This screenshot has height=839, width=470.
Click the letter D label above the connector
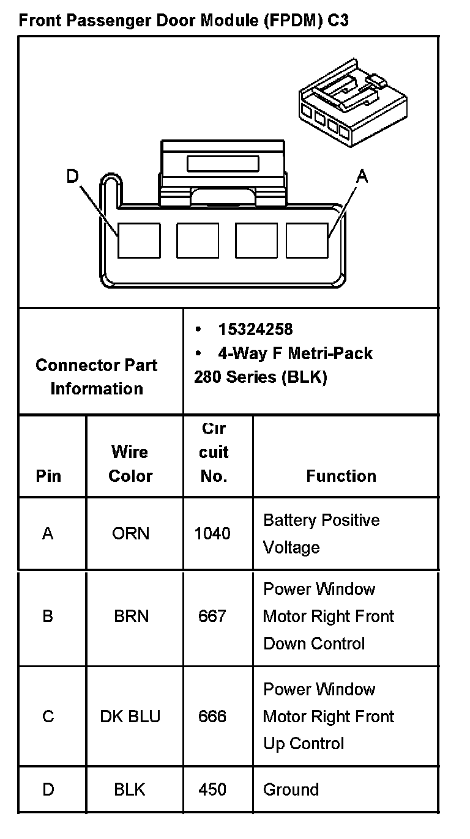point(73,177)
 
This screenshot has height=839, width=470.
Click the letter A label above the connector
point(362,177)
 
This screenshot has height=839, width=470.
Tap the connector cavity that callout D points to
point(139,240)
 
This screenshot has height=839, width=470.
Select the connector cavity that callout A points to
point(307,240)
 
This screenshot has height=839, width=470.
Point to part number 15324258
point(255,330)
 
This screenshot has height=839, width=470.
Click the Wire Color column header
point(130,464)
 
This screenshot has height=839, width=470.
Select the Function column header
point(341,476)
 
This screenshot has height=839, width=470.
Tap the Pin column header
point(48,476)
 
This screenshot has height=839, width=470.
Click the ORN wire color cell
point(130,534)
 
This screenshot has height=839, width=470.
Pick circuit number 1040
point(212,534)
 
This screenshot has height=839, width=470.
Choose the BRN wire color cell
point(131,616)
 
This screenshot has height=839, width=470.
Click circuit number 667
point(212,616)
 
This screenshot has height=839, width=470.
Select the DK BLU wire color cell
point(130,717)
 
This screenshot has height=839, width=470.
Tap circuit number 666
point(212,717)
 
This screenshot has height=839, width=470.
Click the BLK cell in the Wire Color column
point(130,789)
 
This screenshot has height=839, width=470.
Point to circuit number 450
point(212,789)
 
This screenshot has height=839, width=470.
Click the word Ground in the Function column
point(291,789)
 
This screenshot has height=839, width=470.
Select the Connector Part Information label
point(96,377)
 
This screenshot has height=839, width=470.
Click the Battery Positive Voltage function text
point(321,533)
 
